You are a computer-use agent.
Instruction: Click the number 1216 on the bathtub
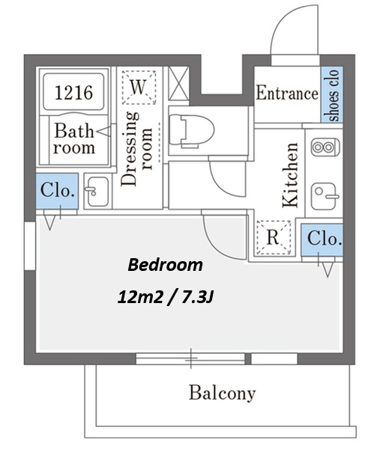coord(73,93)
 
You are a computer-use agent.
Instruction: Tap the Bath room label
coord(74,139)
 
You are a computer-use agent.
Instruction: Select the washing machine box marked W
coord(139,88)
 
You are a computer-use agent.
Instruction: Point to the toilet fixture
coord(192,131)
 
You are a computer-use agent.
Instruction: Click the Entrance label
coord(287,93)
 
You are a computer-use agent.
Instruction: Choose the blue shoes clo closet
coord(332,95)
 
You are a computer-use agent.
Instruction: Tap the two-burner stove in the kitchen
coord(325,147)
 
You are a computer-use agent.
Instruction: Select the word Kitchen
coord(290,174)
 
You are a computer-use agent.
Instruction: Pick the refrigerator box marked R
coord(274,237)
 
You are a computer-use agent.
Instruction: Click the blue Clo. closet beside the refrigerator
coord(322,240)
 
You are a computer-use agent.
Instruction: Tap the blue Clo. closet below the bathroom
coord(57,191)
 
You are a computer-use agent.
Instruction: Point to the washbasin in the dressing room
coord(97,192)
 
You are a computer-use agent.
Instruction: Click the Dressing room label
coord(137,149)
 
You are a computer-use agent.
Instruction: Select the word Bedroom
coord(165,265)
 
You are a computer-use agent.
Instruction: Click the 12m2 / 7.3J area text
coord(166,297)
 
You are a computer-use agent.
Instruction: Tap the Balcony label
coord(222,393)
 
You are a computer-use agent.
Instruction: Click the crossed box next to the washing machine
coord(178,84)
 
